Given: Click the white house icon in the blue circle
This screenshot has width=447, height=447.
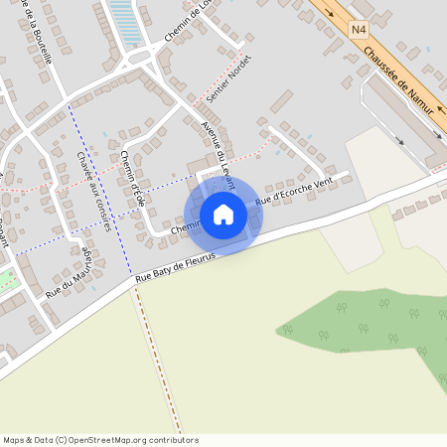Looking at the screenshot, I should point(223,215).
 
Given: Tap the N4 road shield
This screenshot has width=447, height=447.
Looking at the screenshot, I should point(359,31).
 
